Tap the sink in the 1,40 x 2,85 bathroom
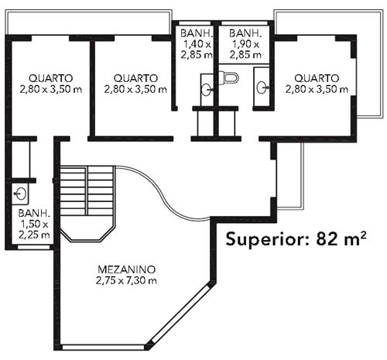(x=207, y=89)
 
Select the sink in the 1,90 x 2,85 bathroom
(x=262, y=87)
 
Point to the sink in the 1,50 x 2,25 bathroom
(x=20, y=194)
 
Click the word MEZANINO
(x=127, y=269)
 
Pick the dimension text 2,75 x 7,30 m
(x=126, y=280)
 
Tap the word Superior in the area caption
(x=266, y=239)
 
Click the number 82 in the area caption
(x=327, y=238)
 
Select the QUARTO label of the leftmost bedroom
(x=50, y=78)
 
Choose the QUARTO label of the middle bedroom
(x=135, y=78)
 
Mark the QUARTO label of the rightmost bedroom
(x=317, y=78)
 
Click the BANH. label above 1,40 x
(x=197, y=33)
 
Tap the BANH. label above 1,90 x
(x=245, y=33)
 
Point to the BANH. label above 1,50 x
(x=34, y=214)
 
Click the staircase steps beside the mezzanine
(x=87, y=191)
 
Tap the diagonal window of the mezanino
(x=180, y=314)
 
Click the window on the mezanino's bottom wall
(x=104, y=348)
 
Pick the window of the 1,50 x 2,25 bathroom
(x=33, y=247)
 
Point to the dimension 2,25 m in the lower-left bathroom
(x=34, y=235)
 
